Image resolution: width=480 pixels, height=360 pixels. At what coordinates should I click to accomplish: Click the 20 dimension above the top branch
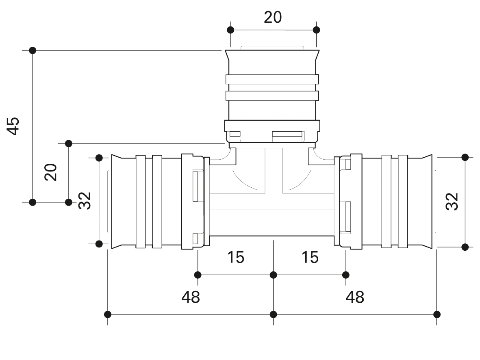[x=273, y=17]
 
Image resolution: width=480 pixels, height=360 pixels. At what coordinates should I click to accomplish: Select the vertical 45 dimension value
[x=14, y=126]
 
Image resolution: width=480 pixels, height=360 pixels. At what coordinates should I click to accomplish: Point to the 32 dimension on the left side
[x=85, y=200]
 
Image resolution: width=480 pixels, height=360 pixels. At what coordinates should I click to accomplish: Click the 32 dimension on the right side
[x=452, y=201]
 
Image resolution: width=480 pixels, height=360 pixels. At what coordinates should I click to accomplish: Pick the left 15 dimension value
[x=236, y=257]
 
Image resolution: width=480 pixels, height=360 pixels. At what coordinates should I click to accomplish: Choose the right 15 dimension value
[x=310, y=257]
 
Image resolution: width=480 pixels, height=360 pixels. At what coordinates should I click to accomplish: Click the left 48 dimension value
[x=191, y=297]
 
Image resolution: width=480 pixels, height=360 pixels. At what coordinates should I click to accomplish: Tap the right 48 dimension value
[x=355, y=297]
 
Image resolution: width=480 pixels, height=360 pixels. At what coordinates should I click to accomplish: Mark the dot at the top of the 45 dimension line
[x=33, y=50]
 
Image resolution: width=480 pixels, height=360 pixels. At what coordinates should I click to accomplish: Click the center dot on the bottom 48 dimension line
[x=273, y=314]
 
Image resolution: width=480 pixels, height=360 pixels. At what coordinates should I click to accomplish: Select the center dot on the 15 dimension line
[x=273, y=275]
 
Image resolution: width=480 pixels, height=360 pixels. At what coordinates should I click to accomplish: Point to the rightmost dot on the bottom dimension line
[x=437, y=314]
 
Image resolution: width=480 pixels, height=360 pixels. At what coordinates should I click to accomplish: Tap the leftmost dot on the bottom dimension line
[x=108, y=314]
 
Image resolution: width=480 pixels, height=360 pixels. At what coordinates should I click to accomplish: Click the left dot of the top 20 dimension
[x=230, y=30]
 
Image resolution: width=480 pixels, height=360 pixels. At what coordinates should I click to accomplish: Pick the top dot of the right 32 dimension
[x=465, y=157]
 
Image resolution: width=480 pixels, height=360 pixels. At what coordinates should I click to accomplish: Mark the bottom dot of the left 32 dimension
[x=99, y=243]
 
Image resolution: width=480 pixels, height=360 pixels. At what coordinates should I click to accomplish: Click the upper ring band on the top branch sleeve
[x=272, y=79]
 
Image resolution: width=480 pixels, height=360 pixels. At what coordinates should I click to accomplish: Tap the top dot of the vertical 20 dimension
[x=69, y=143]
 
